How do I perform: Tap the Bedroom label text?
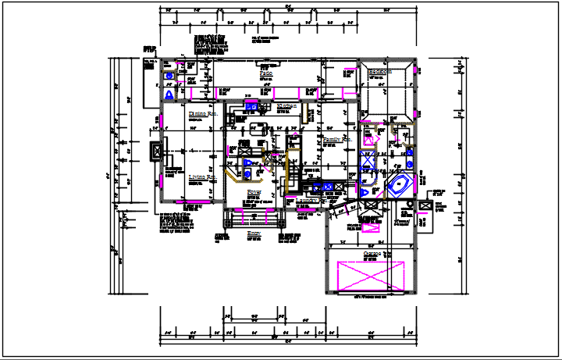379,72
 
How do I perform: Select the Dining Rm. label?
201,114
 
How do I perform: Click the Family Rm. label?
337,140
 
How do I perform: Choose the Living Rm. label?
201,177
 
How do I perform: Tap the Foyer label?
254,191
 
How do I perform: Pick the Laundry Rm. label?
311,201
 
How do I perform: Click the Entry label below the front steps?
254,233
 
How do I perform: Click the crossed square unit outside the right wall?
425,205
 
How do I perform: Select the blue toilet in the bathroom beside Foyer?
247,173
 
